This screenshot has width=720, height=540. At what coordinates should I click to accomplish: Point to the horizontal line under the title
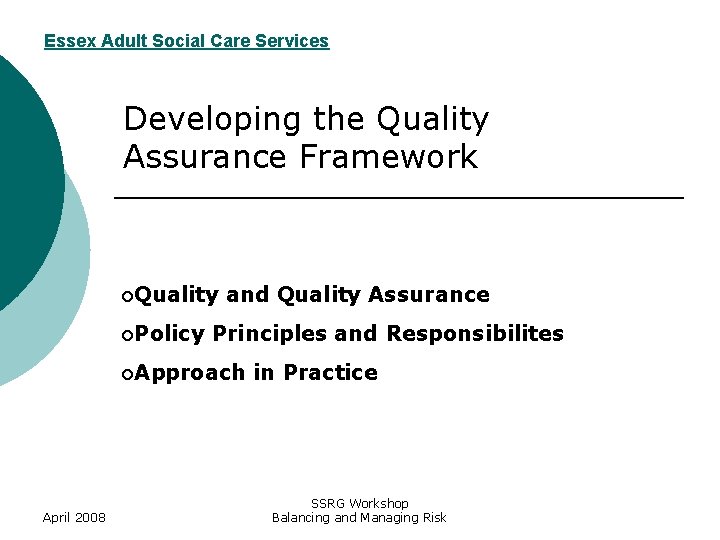click(400, 199)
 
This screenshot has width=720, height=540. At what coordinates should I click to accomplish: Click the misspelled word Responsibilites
click(475, 334)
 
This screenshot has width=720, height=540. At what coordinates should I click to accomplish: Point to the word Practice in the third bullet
click(330, 373)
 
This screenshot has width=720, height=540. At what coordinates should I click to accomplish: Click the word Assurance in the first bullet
click(429, 295)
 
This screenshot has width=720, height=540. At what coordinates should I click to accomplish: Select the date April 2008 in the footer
click(75, 517)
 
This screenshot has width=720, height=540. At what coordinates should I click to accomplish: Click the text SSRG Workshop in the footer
click(359, 503)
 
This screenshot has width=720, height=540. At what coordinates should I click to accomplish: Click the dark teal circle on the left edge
click(25, 180)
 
